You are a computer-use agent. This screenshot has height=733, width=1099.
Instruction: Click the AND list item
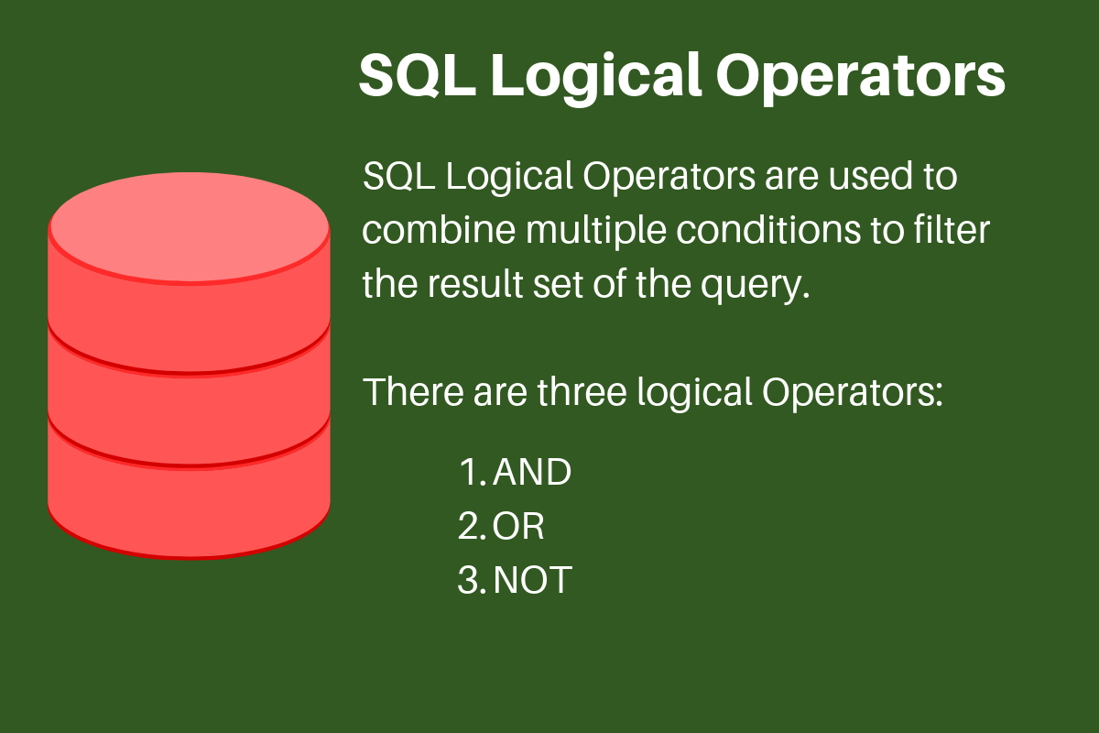[x=531, y=473]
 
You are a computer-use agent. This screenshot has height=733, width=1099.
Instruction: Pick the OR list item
[x=518, y=527]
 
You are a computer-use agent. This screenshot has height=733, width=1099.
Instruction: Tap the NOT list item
[x=532, y=581]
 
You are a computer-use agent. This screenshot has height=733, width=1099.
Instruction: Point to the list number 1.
[x=469, y=473]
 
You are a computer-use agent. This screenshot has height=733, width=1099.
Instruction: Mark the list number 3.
[x=469, y=581]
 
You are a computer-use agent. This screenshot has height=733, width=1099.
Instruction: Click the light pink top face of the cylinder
[x=189, y=225]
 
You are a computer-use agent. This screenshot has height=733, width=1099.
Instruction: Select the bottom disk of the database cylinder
[x=189, y=490]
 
